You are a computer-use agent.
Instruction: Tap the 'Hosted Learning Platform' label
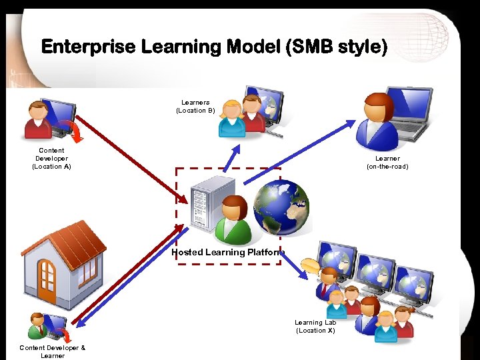click(x=227, y=253)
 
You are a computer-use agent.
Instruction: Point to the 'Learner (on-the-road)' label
click(x=387, y=163)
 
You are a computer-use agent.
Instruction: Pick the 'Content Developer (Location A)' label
click(x=51, y=159)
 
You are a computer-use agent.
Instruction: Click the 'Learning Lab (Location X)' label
click(x=315, y=326)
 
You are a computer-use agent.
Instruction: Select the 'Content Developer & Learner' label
click(x=52, y=351)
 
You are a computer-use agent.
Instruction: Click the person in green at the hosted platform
click(x=233, y=221)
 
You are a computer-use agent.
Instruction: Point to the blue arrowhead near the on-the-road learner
click(x=351, y=124)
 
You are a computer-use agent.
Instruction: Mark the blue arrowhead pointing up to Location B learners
click(x=234, y=151)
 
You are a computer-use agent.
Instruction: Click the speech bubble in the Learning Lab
click(x=310, y=267)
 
